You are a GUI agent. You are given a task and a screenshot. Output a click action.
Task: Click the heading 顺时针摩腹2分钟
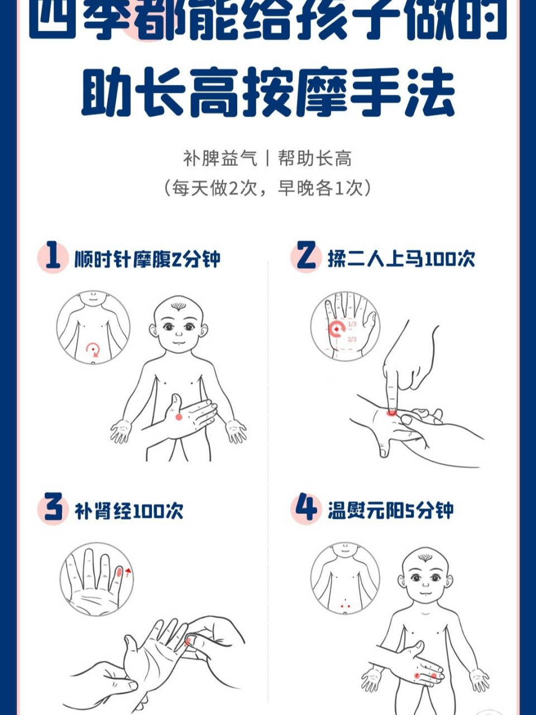pyautogui.click(x=147, y=259)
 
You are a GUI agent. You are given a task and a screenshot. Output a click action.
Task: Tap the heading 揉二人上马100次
pyautogui.click(x=401, y=259)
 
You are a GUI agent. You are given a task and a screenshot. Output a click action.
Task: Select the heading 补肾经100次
pyautogui.click(x=129, y=511)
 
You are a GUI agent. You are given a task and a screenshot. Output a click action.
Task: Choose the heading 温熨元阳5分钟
pyautogui.click(x=390, y=511)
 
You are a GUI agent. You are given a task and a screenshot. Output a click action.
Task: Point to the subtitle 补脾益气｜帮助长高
pyautogui.click(x=268, y=159)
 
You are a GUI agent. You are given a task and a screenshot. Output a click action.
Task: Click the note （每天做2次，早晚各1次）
pyautogui.click(x=268, y=188)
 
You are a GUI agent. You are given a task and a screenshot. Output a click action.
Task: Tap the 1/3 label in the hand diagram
pyautogui.click(x=352, y=324)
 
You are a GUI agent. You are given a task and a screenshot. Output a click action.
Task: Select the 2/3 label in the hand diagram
pyautogui.click(x=352, y=339)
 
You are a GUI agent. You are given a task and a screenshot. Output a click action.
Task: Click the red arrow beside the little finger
pyautogui.click(x=128, y=571)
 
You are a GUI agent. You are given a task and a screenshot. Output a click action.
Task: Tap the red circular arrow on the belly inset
pyautogui.click(x=93, y=350)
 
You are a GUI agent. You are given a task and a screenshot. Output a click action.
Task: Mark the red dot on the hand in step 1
pyautogui.click(x=179, y=417)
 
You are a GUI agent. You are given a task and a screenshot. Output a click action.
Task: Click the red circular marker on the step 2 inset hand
pyautogui.click(x=336, y=329)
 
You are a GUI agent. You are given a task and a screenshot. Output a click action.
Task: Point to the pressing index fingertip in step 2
pyautogui.click(x=391, y=411)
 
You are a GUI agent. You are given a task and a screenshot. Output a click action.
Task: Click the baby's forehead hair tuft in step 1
pyautogui.click(x=178, y=306)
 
